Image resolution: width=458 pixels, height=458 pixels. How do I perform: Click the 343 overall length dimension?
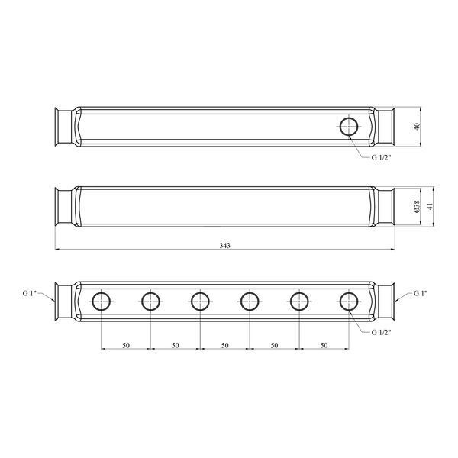point(225,245)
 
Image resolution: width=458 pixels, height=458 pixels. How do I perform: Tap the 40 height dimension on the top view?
point(418,127)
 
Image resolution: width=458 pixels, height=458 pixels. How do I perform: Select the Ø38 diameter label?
point(417,207)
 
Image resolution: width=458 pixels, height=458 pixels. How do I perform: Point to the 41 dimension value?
point(430,207)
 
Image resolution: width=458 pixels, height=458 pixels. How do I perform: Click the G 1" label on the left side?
point(29,293)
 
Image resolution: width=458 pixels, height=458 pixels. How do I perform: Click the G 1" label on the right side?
point(421,293)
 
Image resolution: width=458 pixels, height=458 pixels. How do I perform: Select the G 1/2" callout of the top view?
point(381,157)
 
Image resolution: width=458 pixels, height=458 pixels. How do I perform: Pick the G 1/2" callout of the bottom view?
point(381,332)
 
